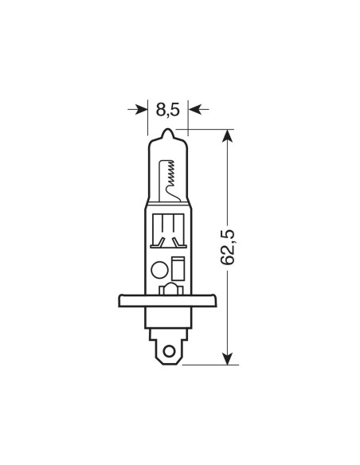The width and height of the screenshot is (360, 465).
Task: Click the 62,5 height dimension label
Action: point(229,247)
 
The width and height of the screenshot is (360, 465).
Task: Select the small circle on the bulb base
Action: point(158,268)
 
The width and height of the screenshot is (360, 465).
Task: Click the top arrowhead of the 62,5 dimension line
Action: point(229,136)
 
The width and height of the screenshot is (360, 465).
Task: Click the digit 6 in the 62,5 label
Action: point(229,262)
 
